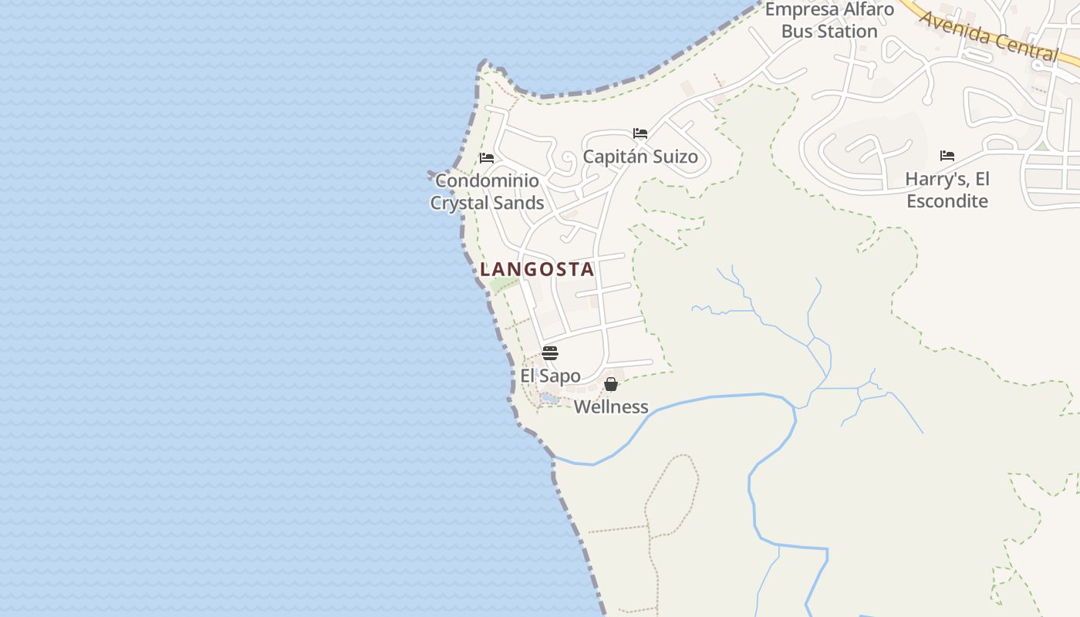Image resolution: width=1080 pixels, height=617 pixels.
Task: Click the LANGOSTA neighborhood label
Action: [537, 269]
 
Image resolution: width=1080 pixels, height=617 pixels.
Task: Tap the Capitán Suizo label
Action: [640, 157]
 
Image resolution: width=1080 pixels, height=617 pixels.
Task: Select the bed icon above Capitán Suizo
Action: [640, 133]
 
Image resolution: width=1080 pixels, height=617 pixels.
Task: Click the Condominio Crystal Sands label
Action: [487, 191]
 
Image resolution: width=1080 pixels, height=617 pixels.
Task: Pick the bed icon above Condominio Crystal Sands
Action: [487, 158]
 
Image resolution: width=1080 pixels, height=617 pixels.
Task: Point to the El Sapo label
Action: [550, 376]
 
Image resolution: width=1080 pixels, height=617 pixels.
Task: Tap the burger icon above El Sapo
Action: [550, 353]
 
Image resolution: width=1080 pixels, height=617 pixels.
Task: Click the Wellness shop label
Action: [611, 406]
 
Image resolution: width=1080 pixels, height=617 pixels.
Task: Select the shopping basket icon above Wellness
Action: [611, 384]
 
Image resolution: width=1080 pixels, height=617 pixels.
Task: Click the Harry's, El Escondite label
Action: [947, 190]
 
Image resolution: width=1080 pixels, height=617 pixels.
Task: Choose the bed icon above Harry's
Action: [947, 156]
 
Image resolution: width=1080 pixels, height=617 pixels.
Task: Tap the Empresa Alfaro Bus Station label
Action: [829, 20]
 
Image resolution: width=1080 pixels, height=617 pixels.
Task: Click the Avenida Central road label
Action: [989, 35]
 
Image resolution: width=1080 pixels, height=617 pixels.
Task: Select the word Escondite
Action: [947, 201]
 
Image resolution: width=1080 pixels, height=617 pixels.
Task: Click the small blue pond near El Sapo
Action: [549, 398]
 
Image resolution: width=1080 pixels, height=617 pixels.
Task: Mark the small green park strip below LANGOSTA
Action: [504, 284]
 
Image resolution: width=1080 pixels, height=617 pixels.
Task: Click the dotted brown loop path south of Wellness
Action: [672, 494]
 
